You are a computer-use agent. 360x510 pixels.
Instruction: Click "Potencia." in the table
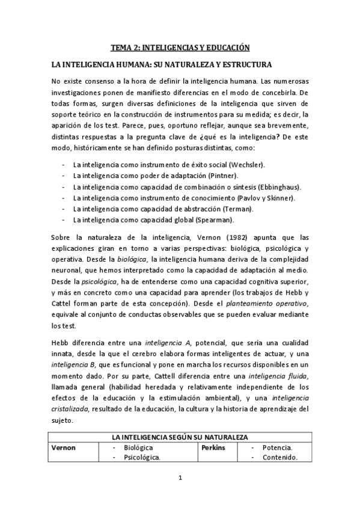point(277,448)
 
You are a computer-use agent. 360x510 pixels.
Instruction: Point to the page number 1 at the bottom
point(180,479)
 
